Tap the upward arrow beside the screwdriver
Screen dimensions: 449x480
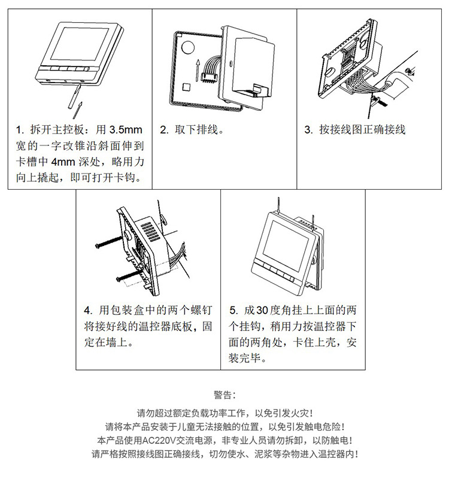click(x=78, y=110)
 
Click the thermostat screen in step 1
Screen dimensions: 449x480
click(x=80, y=44)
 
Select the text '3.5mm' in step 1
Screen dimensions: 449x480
click(x=126, y=130)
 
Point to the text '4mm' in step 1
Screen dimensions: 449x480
click(x=63, y=162)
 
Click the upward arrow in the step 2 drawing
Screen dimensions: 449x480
click(x=198, y=70)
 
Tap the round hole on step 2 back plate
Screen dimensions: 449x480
click(x=188, y=47)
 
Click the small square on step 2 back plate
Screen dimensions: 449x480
click(x=186, y=87)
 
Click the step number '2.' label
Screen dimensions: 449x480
click(x=164, y=130)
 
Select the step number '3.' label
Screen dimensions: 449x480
click(x=308, y=130)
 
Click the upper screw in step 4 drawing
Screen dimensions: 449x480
click(x=110, y=242)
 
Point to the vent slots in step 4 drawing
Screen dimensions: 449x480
click(x=150, y=232)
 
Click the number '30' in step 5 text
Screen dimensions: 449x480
click(x=262, y=311)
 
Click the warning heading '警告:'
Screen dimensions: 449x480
click(x=225, y=395)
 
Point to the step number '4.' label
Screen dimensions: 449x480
click(x=88, y=311)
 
